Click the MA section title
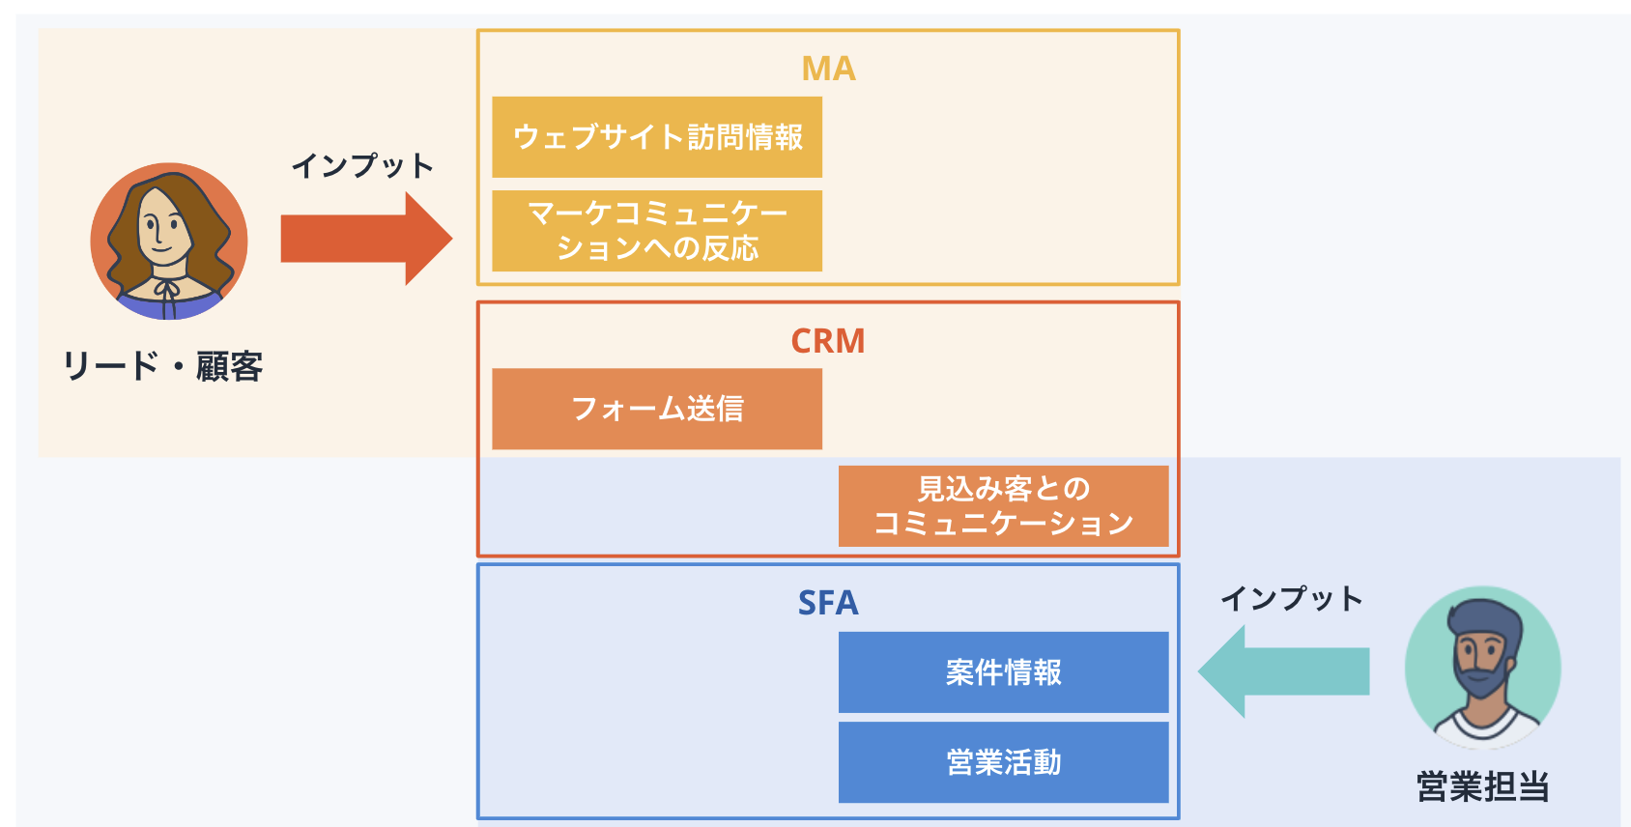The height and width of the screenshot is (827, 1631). [828, 69]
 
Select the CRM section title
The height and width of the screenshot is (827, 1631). [828, 341]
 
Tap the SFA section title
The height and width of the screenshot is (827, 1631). [828, 603]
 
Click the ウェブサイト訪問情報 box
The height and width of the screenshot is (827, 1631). [657, 137]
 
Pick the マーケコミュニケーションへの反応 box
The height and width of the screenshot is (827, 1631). [657, 231]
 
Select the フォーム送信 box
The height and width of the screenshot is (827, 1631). [657, 409]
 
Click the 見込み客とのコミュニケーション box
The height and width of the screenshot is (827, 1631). [1003, 506]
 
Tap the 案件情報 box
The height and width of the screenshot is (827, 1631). [1003, 672]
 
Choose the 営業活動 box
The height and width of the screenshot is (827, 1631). [1003, 762]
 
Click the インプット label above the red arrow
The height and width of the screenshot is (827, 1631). [362, 166]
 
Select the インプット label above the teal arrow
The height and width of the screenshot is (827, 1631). [1292, 599]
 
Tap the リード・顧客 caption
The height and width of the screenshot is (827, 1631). [162, 367]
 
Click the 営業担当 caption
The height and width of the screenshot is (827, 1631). [1482, 786]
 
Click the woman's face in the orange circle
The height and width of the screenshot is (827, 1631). [161, 232]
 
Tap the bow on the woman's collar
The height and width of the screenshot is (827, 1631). [167, 291]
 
